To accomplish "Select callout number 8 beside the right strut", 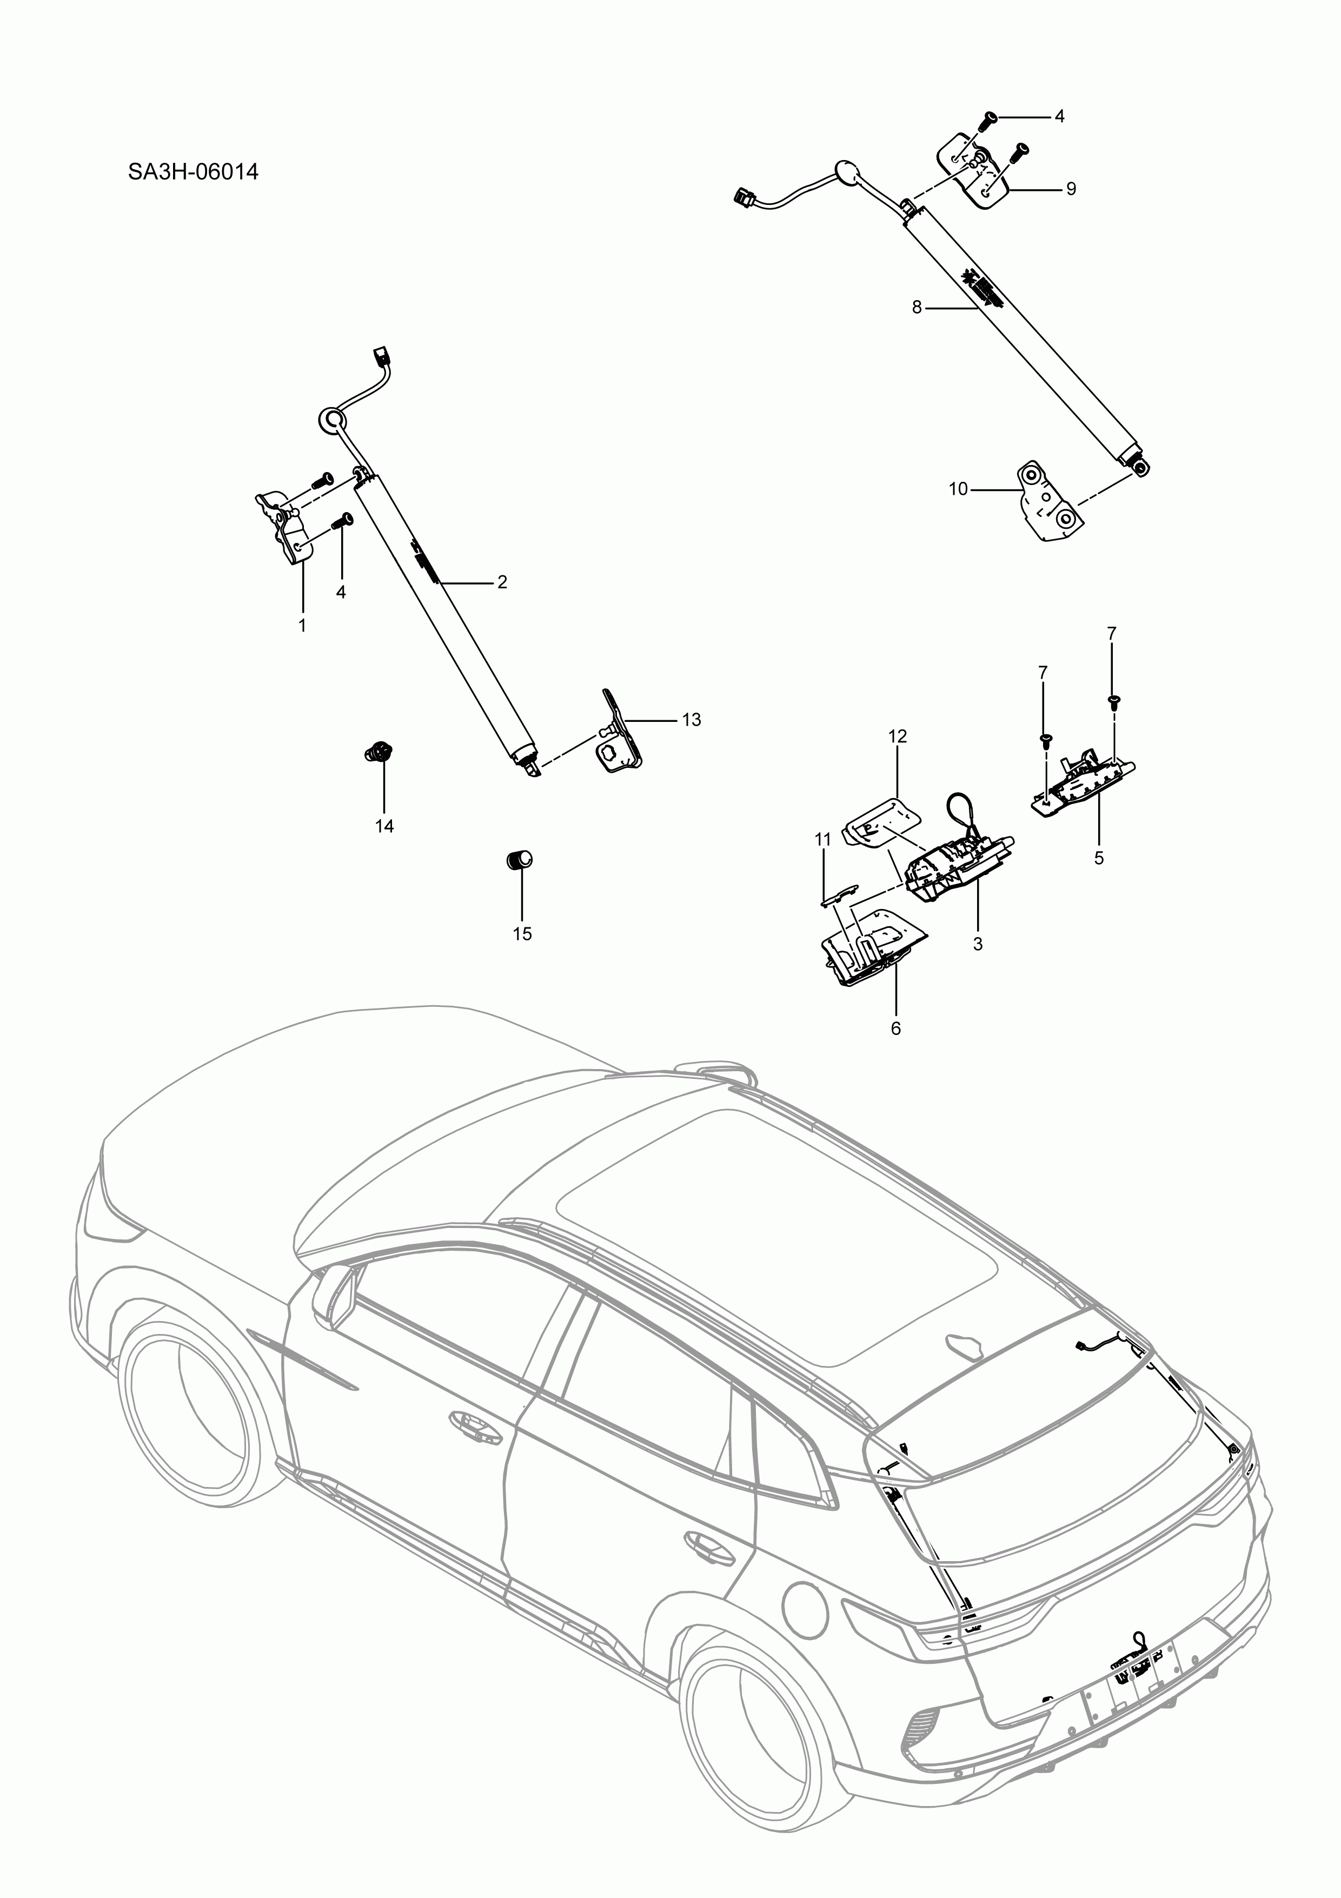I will [916, 308].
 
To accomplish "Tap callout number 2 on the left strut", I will [502, 582].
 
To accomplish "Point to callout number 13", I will [691, 720].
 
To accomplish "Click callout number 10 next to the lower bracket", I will [958, 489].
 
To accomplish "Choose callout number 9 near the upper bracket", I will [1071, 189].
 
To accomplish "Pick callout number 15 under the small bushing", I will [522, 934].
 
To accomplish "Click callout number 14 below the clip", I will [384, 826].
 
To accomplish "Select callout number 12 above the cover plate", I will [897, 736].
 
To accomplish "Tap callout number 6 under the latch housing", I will [895, 1028].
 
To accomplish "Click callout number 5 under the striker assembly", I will [1099, 858].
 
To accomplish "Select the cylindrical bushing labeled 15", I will [519, 860].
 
